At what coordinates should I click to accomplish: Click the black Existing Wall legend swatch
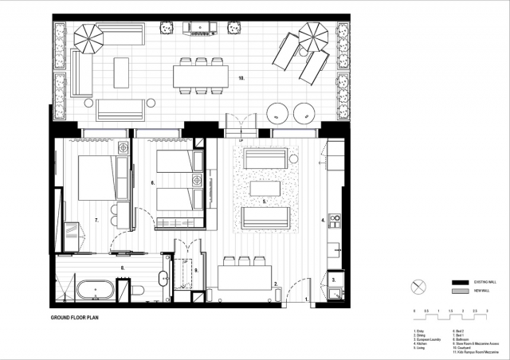(x=458, y=283)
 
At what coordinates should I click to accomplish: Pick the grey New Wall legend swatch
(x=458, y=292)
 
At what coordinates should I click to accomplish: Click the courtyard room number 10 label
(x=240, y=80)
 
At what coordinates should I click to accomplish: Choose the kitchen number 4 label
(x=323, y=219)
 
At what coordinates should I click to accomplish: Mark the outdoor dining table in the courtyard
(x=201, y=76)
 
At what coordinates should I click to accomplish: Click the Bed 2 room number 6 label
(x=152, y=182)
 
